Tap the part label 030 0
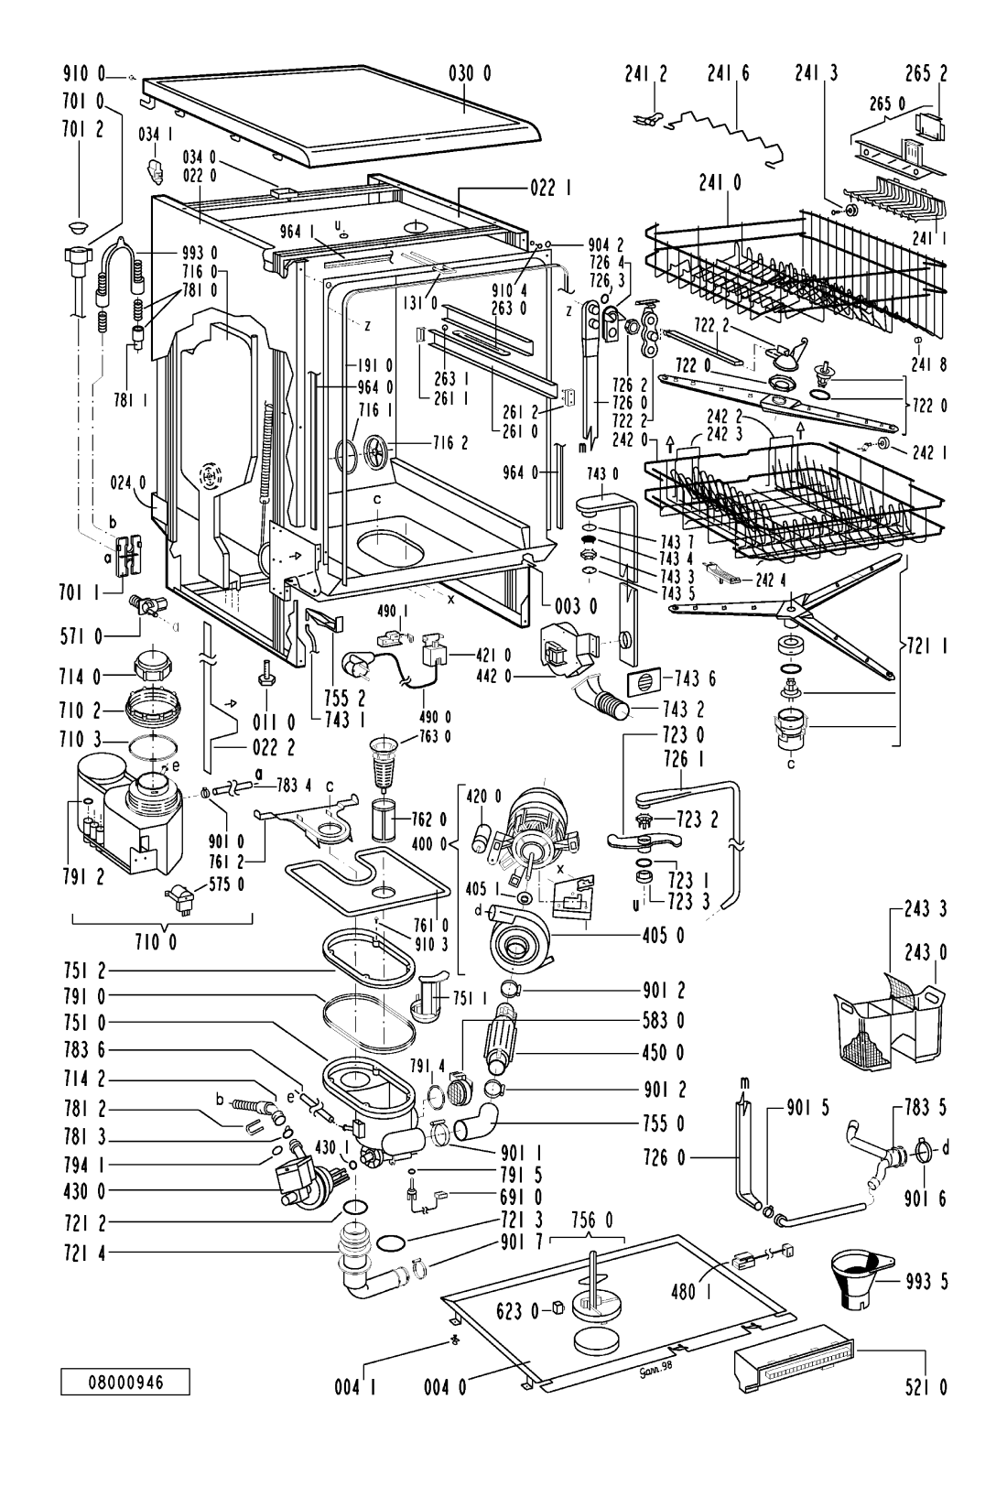471,73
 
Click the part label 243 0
926,952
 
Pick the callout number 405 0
663,936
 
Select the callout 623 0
517,1311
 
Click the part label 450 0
663,1052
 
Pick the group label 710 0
157,942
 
